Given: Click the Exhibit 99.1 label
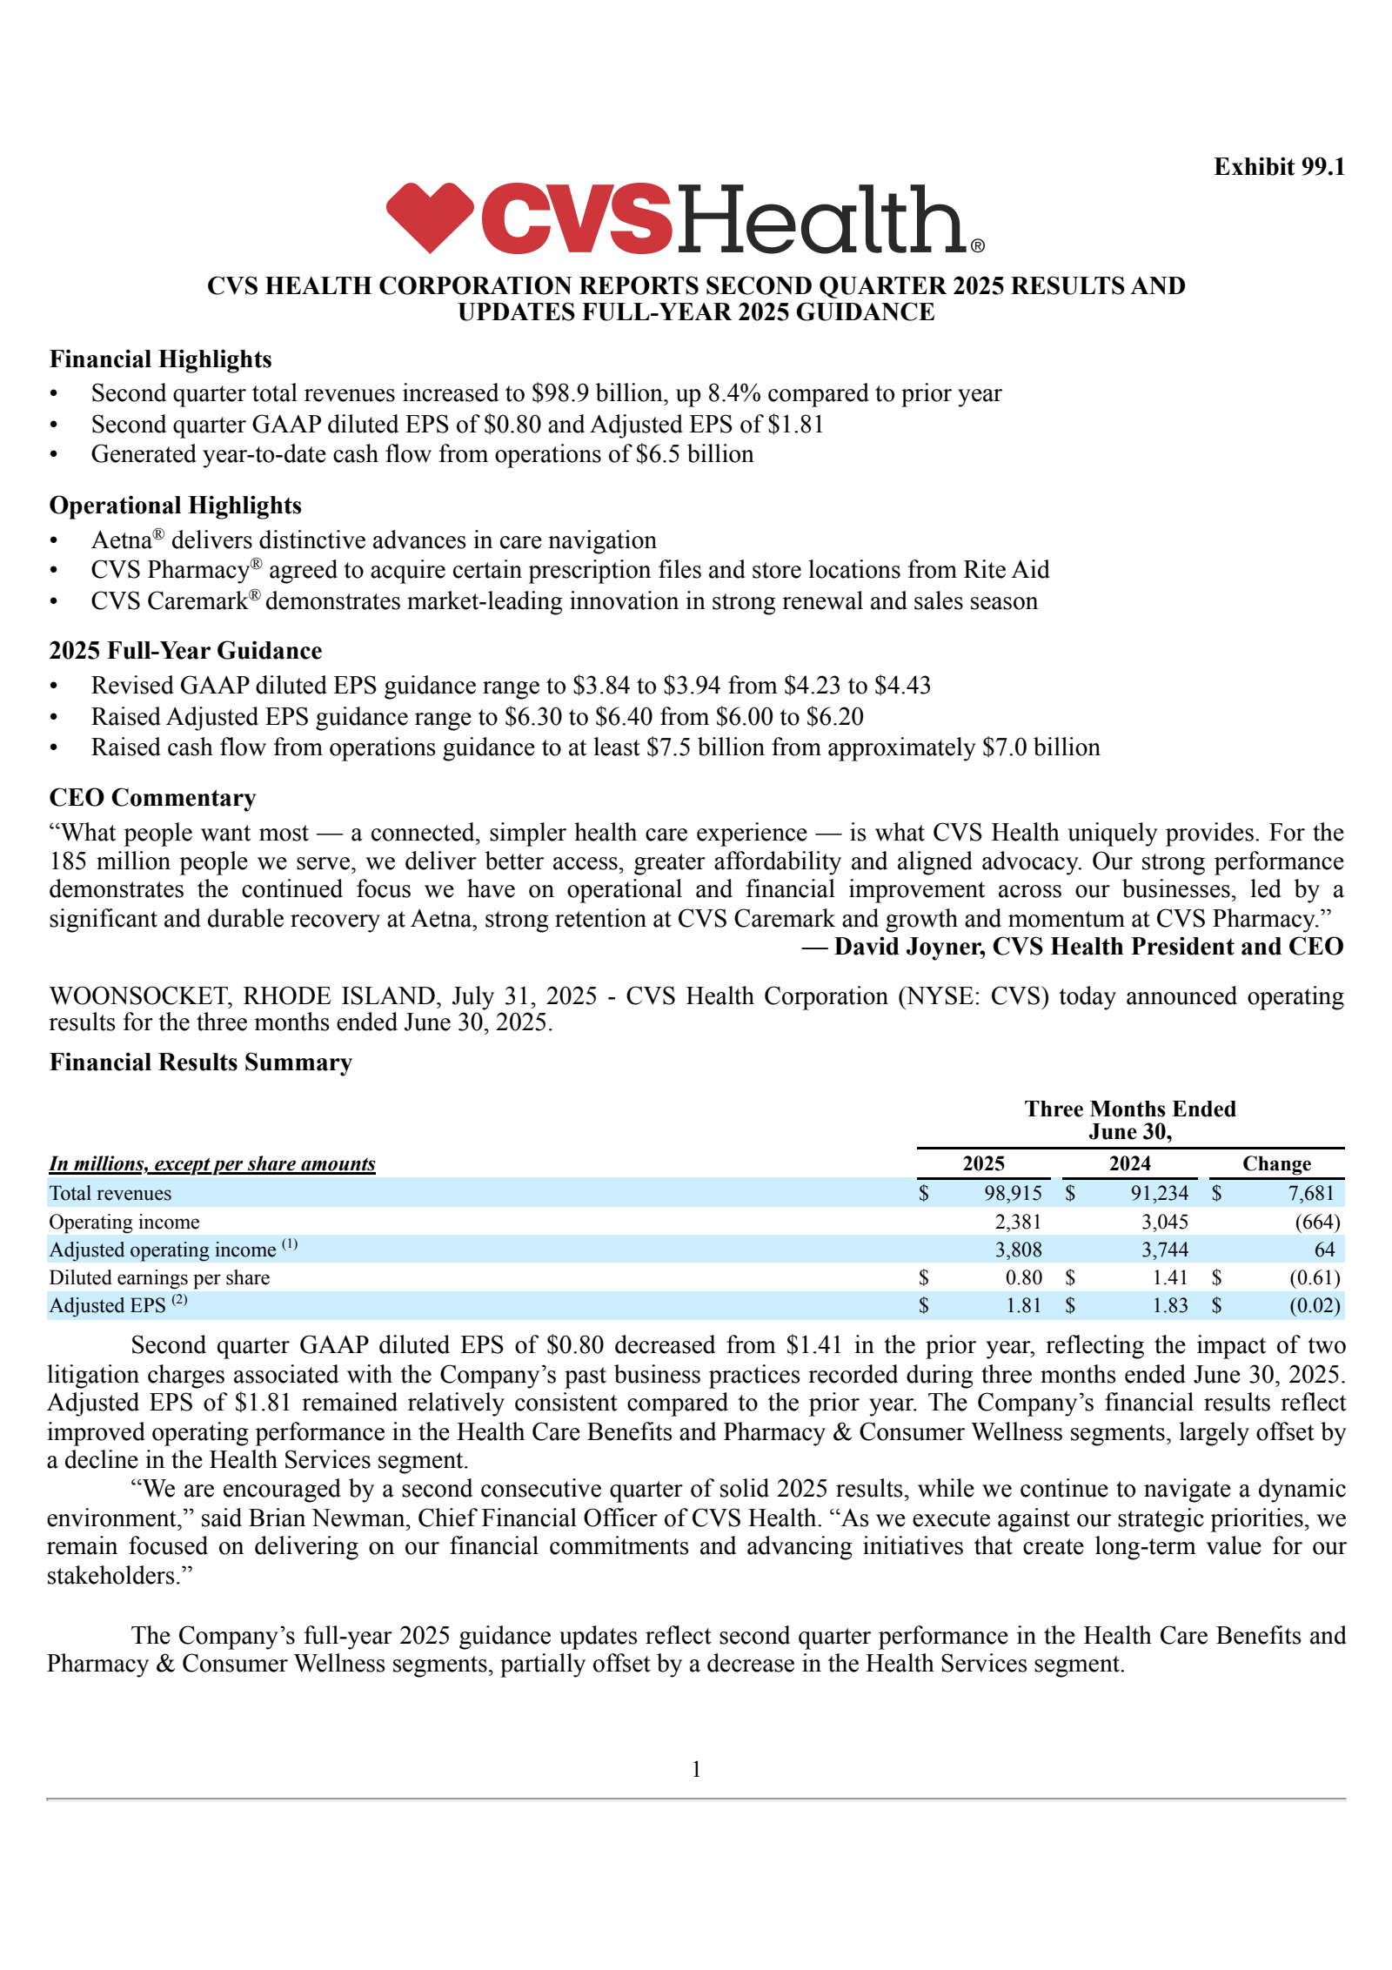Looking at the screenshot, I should pos(1278,166).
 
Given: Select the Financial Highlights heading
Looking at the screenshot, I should pos(160,358).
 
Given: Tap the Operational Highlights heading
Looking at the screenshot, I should pos(175,505).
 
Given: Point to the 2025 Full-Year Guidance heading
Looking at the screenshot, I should pos(185,650).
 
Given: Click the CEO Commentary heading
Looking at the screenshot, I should pos(152,797).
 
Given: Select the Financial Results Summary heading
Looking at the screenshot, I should pos(200,1062).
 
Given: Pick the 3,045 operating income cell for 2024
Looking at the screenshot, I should pos(1164,1222).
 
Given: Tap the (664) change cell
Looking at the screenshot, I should pos(1316,1222).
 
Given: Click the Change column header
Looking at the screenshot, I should pos(1275,1163).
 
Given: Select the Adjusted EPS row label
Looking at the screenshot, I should pos(107,1305).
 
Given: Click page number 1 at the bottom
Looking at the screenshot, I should pos(696,1769).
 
